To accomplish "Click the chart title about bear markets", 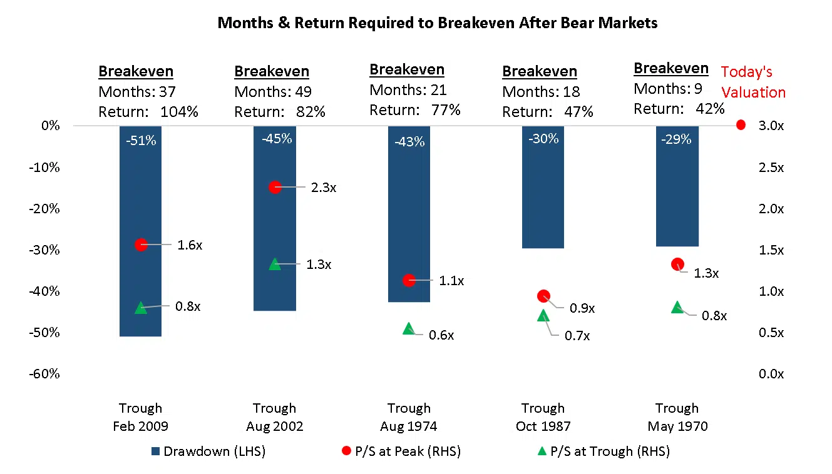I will click(437, 23).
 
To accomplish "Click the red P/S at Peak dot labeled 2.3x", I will click(275, 187).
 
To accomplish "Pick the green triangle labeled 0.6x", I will click(409, 328).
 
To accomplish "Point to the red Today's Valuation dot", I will click(741, 125).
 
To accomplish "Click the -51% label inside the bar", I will click(140, 141).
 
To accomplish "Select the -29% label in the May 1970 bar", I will click(677, 139).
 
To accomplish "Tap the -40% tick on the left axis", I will click(46, 291).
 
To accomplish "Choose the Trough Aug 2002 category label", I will click(274, 417).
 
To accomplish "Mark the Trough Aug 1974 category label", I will click(409, 417).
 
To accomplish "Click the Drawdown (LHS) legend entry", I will click(208, 451).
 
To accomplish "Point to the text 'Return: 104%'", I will click(148, 112).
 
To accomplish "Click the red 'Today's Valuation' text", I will click(752, 82).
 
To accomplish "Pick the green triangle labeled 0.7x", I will click(543, 316).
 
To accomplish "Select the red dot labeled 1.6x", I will click(141, 245).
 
